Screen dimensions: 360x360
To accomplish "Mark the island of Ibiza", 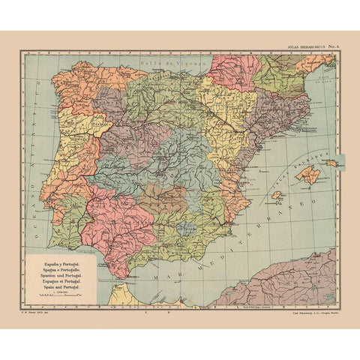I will [276, 195].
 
